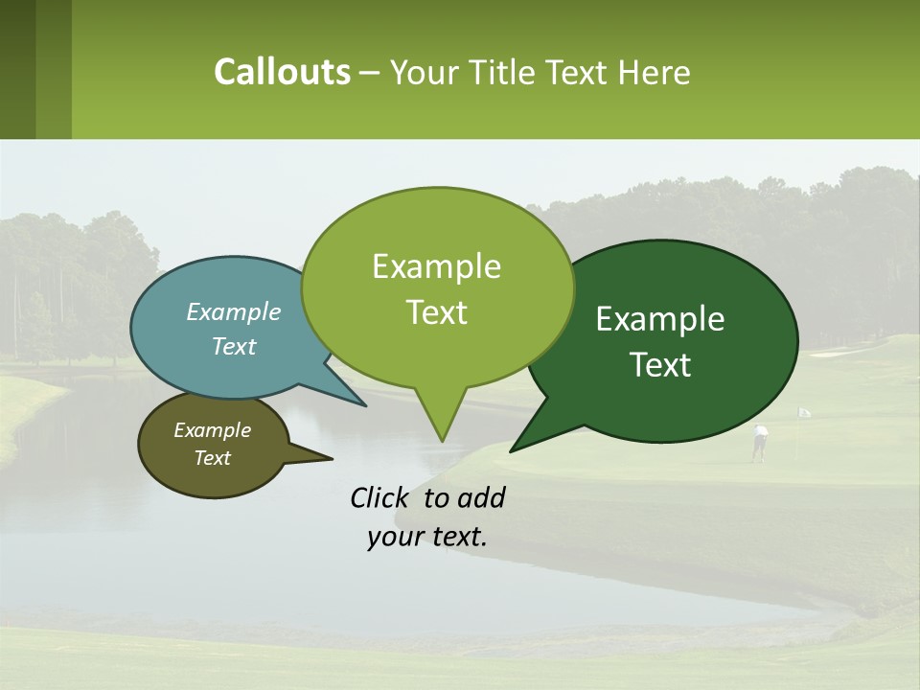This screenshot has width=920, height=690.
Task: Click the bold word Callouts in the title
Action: pos(282,72)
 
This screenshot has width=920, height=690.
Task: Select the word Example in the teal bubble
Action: pos(233,311)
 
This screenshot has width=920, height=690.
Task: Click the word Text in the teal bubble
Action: pos(233,346)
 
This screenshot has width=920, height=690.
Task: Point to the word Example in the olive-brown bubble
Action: pos(212,430)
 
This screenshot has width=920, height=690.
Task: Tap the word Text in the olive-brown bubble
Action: pos(212,458)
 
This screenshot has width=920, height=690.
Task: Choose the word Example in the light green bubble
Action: pos(436,266)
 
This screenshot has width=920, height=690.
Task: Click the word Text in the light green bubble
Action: pos(436,312)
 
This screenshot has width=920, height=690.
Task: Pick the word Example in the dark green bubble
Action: pos(660,319)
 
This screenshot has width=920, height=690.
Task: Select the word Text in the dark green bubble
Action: pos(660,365)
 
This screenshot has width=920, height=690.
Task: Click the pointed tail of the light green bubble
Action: pos(441,438)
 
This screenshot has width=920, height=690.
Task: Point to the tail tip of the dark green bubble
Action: pos(513,449)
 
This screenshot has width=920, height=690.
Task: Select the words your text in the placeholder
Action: pos(427,537)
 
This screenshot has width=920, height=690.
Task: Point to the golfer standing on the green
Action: pos(759,443)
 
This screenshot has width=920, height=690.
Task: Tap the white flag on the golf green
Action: pos(804,412)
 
